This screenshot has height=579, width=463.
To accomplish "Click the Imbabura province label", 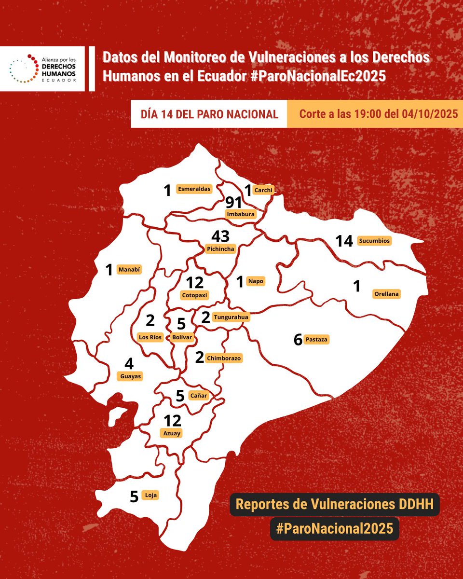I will click(241, 214).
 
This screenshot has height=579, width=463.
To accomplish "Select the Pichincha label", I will click(220, 249).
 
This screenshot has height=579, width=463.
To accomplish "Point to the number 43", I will click(220, 236).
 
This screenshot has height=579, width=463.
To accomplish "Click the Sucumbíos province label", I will click(374, 240).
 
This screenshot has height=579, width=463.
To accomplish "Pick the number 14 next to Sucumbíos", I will click(344, 241).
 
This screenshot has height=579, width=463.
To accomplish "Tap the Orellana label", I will click(387, 293).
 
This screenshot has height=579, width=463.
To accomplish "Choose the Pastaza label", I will click(317, 340).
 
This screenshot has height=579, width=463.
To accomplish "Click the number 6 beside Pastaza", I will click(298, 340).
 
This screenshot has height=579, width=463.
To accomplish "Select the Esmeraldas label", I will click(194, 189).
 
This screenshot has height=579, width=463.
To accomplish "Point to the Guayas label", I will click(130, 376).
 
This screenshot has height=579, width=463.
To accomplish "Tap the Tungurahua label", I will click(231, 317).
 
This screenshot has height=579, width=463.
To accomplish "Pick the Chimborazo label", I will click(223, 358).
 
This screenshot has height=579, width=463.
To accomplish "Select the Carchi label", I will click(264, 190).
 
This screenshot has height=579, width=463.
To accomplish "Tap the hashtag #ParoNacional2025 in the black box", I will click(335, 528).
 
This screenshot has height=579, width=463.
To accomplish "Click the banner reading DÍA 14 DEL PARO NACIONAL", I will click(209, 114).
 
